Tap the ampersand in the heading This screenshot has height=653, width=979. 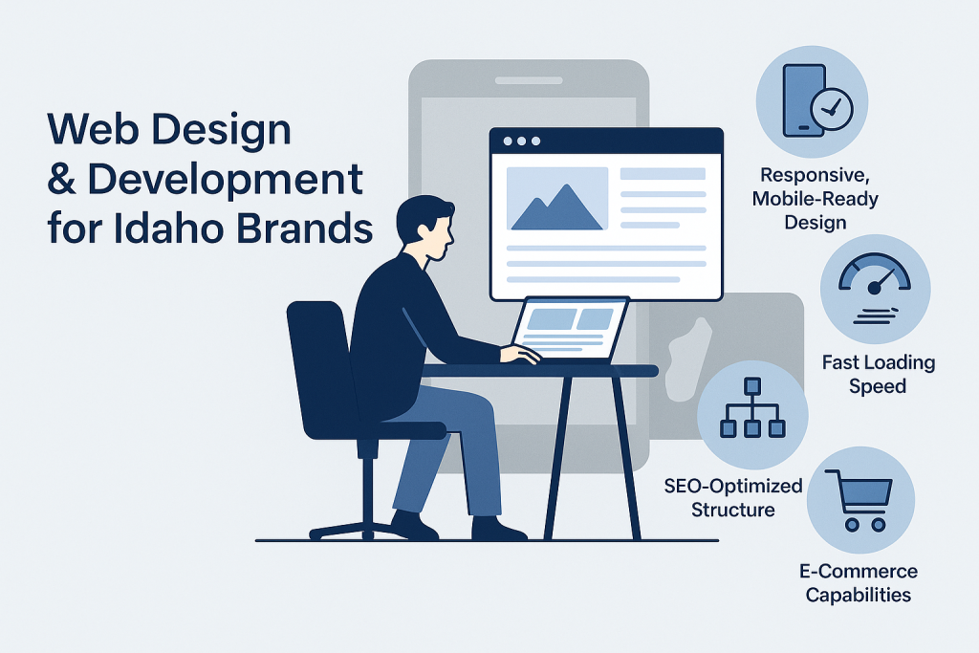point(61,179)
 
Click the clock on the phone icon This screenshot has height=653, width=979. point(831,109)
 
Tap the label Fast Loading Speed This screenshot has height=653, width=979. point(878,374)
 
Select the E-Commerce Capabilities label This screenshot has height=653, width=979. point(859,582)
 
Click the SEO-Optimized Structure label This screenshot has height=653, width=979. point(733,497)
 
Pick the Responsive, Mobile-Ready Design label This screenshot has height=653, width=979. point(815,199)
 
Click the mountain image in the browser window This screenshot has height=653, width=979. point(557,199)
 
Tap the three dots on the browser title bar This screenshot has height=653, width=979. point(521,141)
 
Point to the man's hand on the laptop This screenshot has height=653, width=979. point(520,355)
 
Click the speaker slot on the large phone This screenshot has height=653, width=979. point(529,80)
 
